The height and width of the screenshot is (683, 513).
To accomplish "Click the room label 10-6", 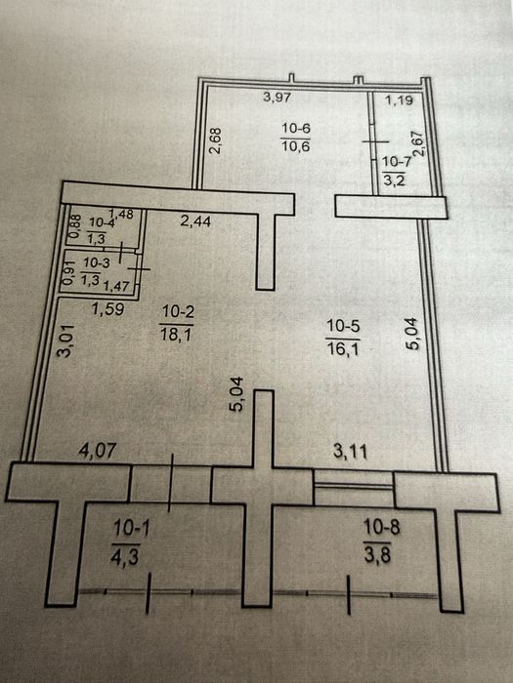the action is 296,129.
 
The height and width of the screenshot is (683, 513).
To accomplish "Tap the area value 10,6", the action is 296,146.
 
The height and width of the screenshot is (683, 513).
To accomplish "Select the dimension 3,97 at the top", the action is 277,97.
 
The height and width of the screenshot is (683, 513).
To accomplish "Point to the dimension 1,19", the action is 399,100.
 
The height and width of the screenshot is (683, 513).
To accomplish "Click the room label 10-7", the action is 397,162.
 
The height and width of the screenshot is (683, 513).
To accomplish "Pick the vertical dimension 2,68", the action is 216,141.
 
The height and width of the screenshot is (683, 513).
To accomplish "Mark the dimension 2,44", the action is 195,221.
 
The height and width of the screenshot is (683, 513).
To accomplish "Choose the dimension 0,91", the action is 68,272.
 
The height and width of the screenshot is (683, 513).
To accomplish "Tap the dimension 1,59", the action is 108,309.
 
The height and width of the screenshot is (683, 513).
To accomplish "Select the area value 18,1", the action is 176,335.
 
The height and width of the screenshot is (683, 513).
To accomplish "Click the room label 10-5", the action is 343,326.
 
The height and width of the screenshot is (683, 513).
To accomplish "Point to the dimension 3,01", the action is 65,341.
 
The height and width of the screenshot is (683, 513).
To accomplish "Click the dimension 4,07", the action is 98,450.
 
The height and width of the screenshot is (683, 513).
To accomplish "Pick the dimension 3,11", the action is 350,452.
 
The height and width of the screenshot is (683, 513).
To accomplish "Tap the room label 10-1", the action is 131,528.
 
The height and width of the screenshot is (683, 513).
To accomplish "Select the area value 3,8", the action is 378,556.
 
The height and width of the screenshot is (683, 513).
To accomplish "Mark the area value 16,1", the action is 343,349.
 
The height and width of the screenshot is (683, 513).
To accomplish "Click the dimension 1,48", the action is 121,214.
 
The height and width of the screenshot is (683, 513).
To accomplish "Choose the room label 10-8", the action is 381,528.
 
